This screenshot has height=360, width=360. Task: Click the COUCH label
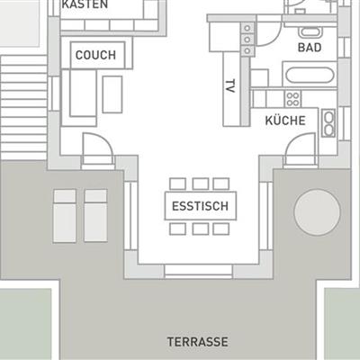pyautogui.click(x=95, y=55)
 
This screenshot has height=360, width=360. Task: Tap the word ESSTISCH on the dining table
pyautogui.click(x=200, y=206)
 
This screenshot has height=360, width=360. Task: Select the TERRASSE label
pyautogui.click(x=197, y=342)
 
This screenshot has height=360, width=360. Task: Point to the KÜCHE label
pyautogui.click(x=285, y=121)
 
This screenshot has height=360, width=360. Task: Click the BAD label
pyautogui.click(x=310, y=48)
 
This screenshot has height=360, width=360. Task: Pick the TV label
pyautogui.click(x=230, y=85)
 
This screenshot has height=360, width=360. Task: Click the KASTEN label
pyautogui.click(x=85, y=4)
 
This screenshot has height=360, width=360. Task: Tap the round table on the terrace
pyautogui.click(x=317, y=211)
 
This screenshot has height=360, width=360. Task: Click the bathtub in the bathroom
pyautogui.click(x=310, y=75)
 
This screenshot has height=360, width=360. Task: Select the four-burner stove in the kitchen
pyautogui.click(x=292, y=99)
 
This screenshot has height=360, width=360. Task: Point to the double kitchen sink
pyautogui.click(x=328, y=123)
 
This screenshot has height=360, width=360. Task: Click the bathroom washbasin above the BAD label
pyautogui.click(x=310, y=32)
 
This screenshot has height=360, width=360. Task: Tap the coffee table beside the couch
pyautogui.click(x=112, y=94)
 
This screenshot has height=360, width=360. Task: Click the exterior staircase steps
pyautogui.click(x=23, y=107)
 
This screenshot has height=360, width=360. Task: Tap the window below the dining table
pyautogui.click(x=199, y=272)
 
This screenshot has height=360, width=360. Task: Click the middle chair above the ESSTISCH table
pyautogui.click(x=201, y=184)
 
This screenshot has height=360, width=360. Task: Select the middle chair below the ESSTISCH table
pyautogui.click(x=201, y=229)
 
